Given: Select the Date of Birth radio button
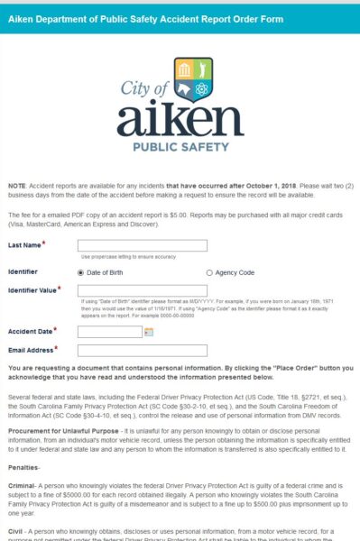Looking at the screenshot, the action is coord(82,271).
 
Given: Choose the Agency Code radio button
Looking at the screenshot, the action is coord(209,271).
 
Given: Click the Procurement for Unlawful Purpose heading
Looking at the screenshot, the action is coord(64,432).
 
